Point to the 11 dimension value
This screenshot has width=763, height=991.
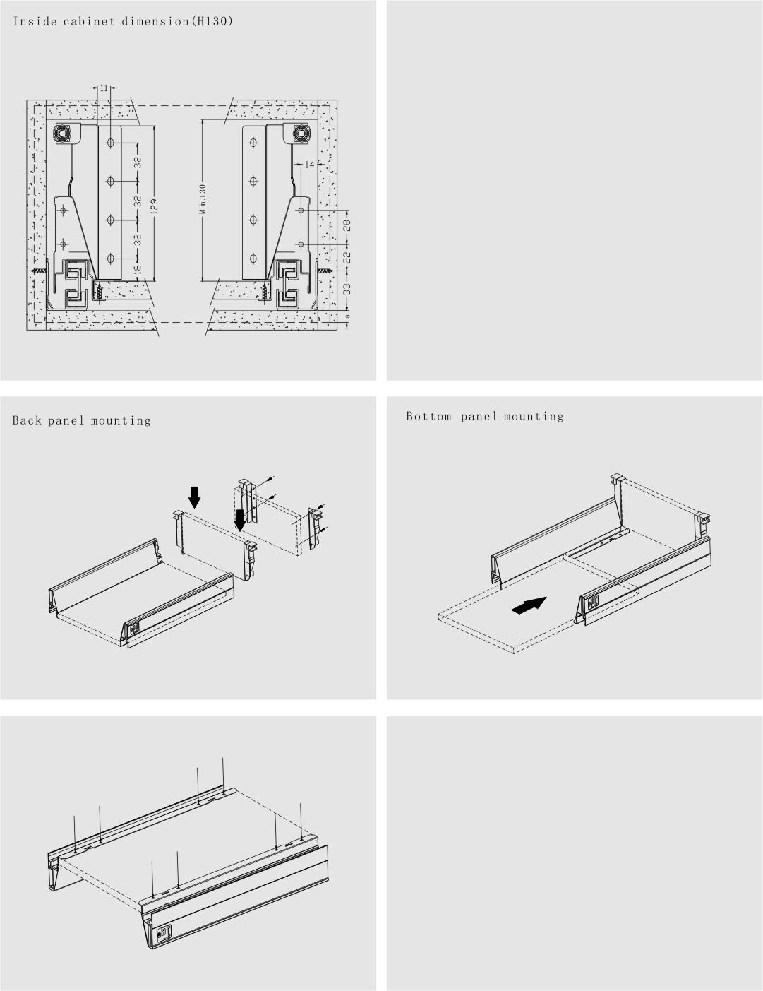tap(104, 88)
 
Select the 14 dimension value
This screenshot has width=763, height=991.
tap(310, 164)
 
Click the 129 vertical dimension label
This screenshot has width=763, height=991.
tap(153, 206)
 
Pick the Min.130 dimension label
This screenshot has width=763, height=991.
tap(203, 198)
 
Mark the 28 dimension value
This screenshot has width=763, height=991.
tap(347, 225)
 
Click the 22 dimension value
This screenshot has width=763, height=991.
tap(347, 258)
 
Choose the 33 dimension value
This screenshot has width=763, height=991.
tap(347, 289)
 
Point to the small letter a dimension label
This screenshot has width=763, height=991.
tap(347, 316)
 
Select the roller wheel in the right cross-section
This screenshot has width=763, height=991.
tap(300, 133)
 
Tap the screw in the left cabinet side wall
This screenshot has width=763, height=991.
tap(40, 271)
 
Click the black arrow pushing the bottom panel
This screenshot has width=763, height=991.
tap(529, 605)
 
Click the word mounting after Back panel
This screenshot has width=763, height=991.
tap(121, 420)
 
